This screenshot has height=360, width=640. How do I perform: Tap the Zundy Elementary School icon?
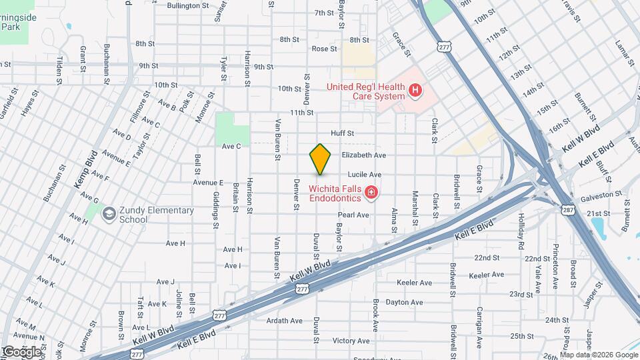click(107, 214)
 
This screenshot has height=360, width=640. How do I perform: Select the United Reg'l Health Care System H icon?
click(416, 89)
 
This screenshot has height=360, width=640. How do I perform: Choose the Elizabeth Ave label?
click(364, 155)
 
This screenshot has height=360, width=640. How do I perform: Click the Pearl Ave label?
click(353, 215)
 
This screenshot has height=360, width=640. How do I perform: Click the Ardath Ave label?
click(285, 321)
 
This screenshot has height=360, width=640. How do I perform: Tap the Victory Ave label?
click(351, 341)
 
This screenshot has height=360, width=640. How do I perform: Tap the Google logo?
click(22, 351)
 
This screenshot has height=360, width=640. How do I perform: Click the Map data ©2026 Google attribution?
click(599, 355)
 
